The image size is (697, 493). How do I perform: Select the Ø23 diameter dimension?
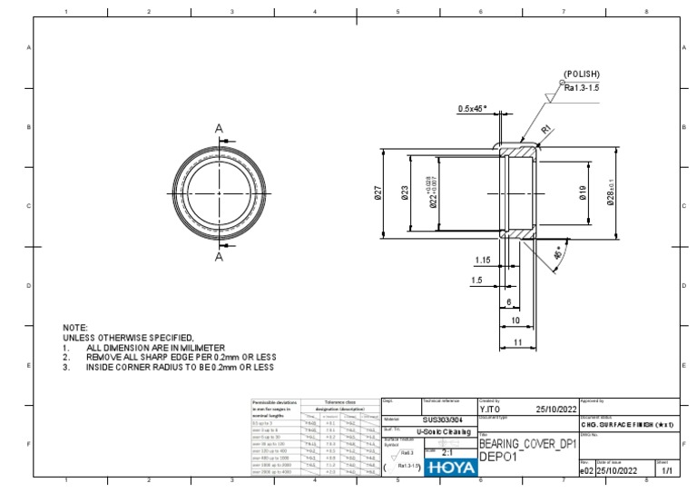[x=405, y=192]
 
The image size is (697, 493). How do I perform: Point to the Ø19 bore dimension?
[x=583, y=192]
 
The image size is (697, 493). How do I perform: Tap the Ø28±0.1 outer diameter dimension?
[x=610, y=192]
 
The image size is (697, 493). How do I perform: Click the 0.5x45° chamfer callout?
[x=472, y=108]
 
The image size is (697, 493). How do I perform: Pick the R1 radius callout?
[x=545, y=130]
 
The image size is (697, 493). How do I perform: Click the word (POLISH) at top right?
[x=582, y=74]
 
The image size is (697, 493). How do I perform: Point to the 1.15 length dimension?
[x=481, y=260]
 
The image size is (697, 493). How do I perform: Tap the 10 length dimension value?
[x=515, y=320]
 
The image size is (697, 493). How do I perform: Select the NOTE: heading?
[x=75, y=327]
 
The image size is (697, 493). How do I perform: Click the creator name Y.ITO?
[x=491, y=409]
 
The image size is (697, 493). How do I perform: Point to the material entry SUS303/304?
[x=448, y=420]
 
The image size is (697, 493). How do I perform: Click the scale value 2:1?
[x=447, y=451]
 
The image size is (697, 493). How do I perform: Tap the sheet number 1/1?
[x=666, y=471]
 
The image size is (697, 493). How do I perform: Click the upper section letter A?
[x=219, y=130]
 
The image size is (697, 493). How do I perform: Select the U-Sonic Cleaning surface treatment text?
[x=450, y=432]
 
